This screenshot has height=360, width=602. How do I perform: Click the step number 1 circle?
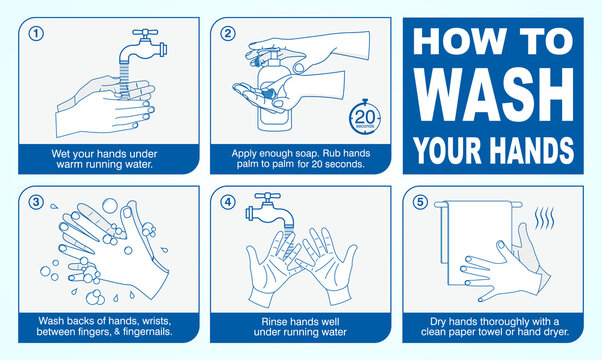pyautogui.click(x=38, y=32)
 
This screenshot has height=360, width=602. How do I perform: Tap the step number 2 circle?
pyautogui.click(x=228, y=32)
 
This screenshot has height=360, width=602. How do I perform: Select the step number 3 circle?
pyautogui.click(x=38, y=201)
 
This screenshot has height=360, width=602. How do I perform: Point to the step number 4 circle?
pyautogui.click(x=228, y=201)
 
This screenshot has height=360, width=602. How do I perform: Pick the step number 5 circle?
pyautogui.click(x=418, y=201)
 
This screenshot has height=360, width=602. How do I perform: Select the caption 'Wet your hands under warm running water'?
pyautogui.click(x=107, y=158)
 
